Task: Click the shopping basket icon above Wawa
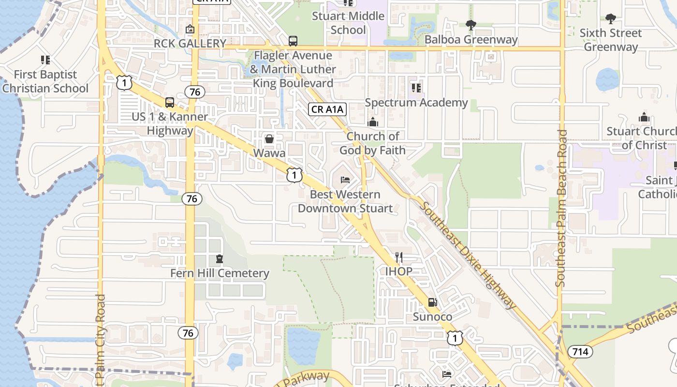click(x=269, y=139)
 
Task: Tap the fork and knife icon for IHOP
click(x=399, y=257)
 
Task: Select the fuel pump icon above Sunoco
click(x=432, y=302)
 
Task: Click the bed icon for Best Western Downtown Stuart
click(x=345, y=180)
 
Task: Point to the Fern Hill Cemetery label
click(x=220, y=273)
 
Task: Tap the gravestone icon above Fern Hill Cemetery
click(x=220, y=259)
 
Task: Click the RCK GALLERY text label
click(x=190, y=44)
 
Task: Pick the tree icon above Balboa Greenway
click(x=471, y=25)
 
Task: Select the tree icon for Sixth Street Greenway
click(x=611, y=19)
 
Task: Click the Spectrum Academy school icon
click(x=416, y=88)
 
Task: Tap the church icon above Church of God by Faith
click(x=372, y=122)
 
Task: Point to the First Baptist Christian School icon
click(x=45, y=60)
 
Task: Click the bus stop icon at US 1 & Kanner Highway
click(x=169, y=103)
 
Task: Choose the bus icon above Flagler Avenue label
click(x=293, y=41)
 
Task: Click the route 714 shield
click(x=580, y=351)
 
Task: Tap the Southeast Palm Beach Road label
click(x=561, y=208)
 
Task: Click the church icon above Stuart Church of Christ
click(x=644, y=117)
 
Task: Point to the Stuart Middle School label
click(x=348, y=23)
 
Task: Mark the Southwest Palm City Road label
click(x=101, y=339)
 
